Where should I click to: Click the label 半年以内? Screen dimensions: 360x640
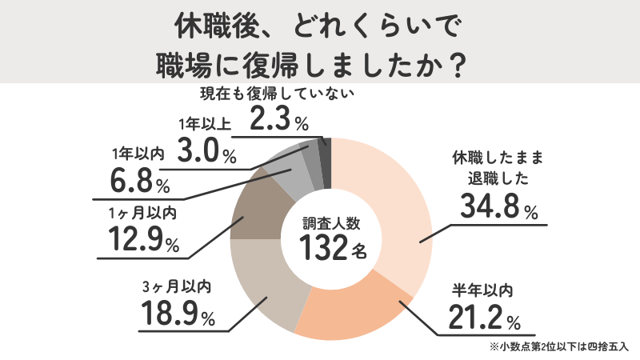pyautogui.click(x=478, y=288)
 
